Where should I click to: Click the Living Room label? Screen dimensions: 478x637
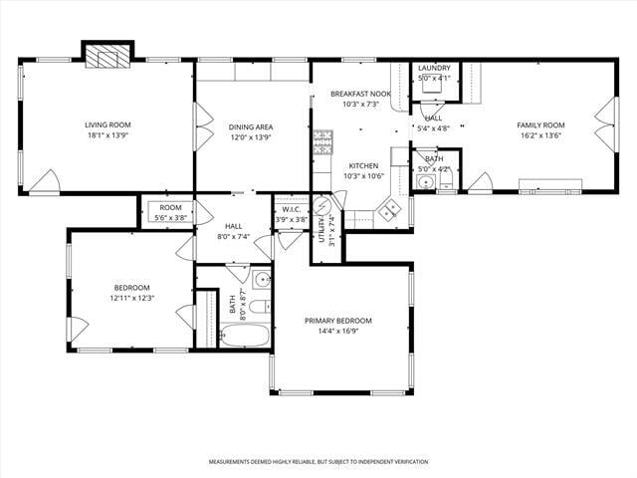pos(107,124)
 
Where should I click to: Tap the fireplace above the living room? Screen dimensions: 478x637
pos(106,56)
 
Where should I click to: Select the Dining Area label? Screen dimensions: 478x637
pos(251,126)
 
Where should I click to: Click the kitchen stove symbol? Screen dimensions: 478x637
pos(322,144)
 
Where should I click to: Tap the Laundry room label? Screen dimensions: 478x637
pos(434,68)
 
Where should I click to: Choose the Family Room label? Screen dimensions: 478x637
pos(540,124)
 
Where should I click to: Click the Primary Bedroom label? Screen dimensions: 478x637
pos(338,321)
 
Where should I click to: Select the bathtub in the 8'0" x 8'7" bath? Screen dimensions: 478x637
pos(244,335)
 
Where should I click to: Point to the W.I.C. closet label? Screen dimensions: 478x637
pos(291,209)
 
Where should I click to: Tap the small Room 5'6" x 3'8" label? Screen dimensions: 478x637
pos(170,207)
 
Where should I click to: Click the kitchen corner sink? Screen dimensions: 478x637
pos(389,208)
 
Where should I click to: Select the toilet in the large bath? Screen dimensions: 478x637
pos(260,307)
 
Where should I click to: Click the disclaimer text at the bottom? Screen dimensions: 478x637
pos(318,462)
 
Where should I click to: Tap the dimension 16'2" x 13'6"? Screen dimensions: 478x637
pos(540,135)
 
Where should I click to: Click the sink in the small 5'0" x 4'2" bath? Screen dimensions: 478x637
pos(426,181)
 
